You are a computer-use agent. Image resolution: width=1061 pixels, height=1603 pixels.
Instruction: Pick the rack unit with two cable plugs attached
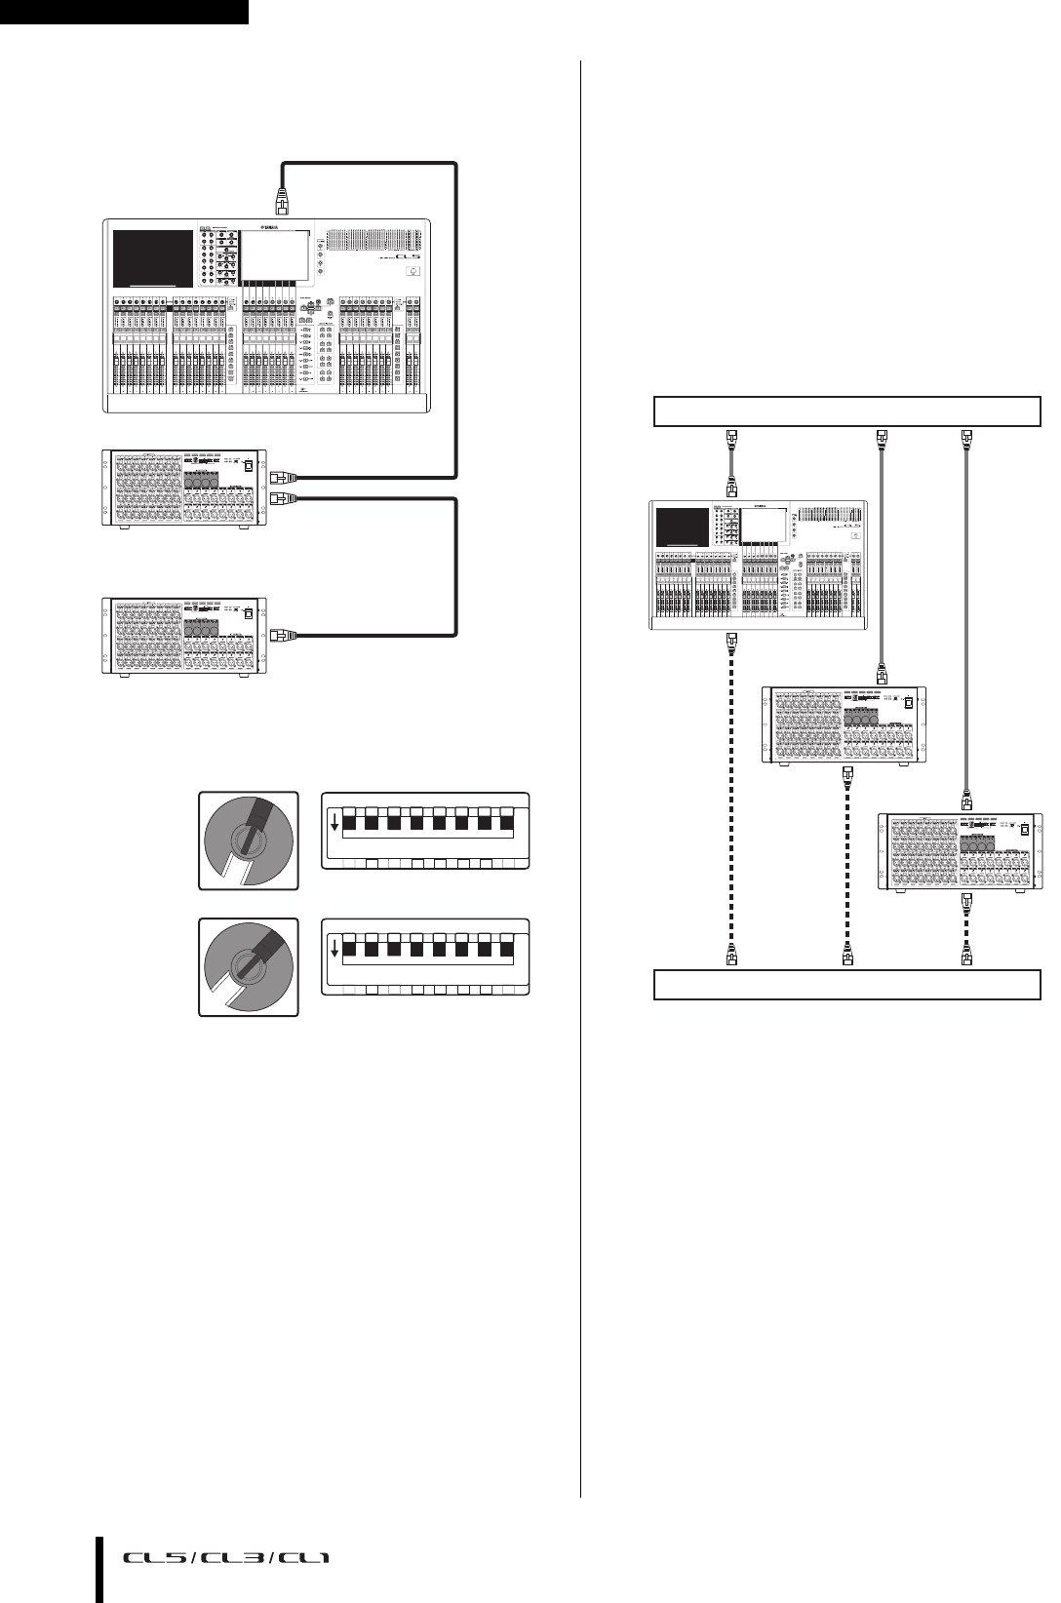click(x=184, y=488)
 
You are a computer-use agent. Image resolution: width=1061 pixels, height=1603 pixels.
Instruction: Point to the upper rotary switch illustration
click(x=249, y=840)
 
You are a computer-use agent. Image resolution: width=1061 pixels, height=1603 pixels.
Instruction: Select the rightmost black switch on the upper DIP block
click(x=507, y=823)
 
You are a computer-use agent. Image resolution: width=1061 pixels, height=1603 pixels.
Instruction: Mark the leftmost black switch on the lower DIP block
click(x=350, y=950)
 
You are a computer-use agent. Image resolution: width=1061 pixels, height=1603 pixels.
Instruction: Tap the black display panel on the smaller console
click(x=682, y=528)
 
